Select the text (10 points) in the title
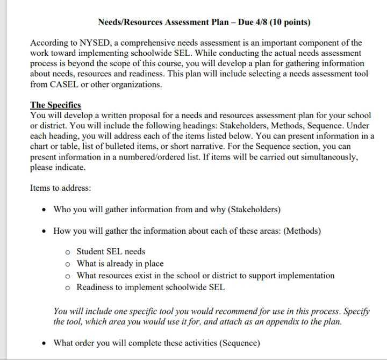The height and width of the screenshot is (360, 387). click(x=290, y=22)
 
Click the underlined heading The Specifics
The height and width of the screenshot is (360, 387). click(x=55, y=105)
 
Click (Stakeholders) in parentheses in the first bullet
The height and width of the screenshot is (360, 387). click(x=255, y=209)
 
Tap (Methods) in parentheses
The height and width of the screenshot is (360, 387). click(x=302, y=231)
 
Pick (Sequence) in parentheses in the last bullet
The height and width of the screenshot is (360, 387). click(x=235, y=343)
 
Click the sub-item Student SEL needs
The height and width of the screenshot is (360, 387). click(x=111, y=251)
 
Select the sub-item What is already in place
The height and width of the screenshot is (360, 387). click(x=120, y=263)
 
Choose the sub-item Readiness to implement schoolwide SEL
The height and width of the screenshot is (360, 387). click(x=150, y=287)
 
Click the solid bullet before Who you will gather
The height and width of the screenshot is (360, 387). click(x=45, y=210)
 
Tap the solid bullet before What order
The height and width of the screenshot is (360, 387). click(x=45, y=343)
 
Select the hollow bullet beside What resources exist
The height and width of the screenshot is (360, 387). click(x=67, y=276)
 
